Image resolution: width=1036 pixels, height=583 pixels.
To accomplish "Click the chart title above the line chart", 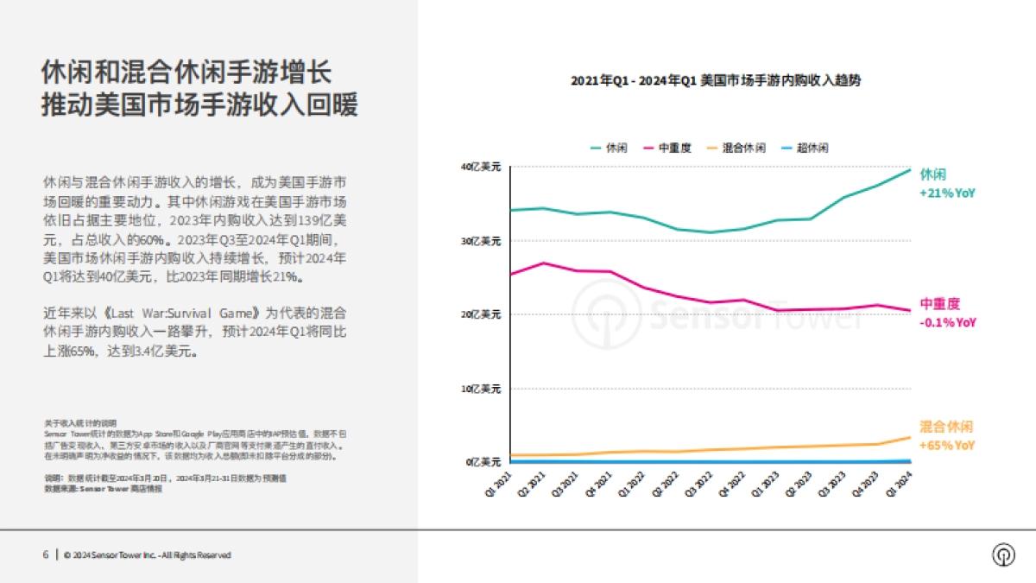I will click(x=715, y=80).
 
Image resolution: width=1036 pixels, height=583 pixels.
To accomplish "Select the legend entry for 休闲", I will click(x=610, y=148).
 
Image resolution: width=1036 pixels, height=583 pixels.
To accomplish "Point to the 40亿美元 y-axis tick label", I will click(x=482, y=167).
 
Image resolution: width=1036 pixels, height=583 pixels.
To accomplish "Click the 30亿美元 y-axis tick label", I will click(x=482, y=241).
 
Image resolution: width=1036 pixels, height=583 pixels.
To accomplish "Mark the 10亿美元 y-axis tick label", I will click(x=482, y=389).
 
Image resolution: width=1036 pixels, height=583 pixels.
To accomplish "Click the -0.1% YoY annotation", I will click(x=948, y=322).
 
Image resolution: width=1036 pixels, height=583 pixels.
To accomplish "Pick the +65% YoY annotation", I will click(x=947, y=446).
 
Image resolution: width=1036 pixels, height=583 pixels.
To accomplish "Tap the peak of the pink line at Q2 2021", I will click(x=543, y=263).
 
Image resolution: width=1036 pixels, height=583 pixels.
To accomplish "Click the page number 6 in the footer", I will click(x=46, y=554).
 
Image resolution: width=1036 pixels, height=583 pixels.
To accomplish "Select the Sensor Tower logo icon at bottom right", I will click(x=1003, y=554).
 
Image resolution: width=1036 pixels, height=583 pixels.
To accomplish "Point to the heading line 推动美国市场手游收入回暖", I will click(x=199, y=105).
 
